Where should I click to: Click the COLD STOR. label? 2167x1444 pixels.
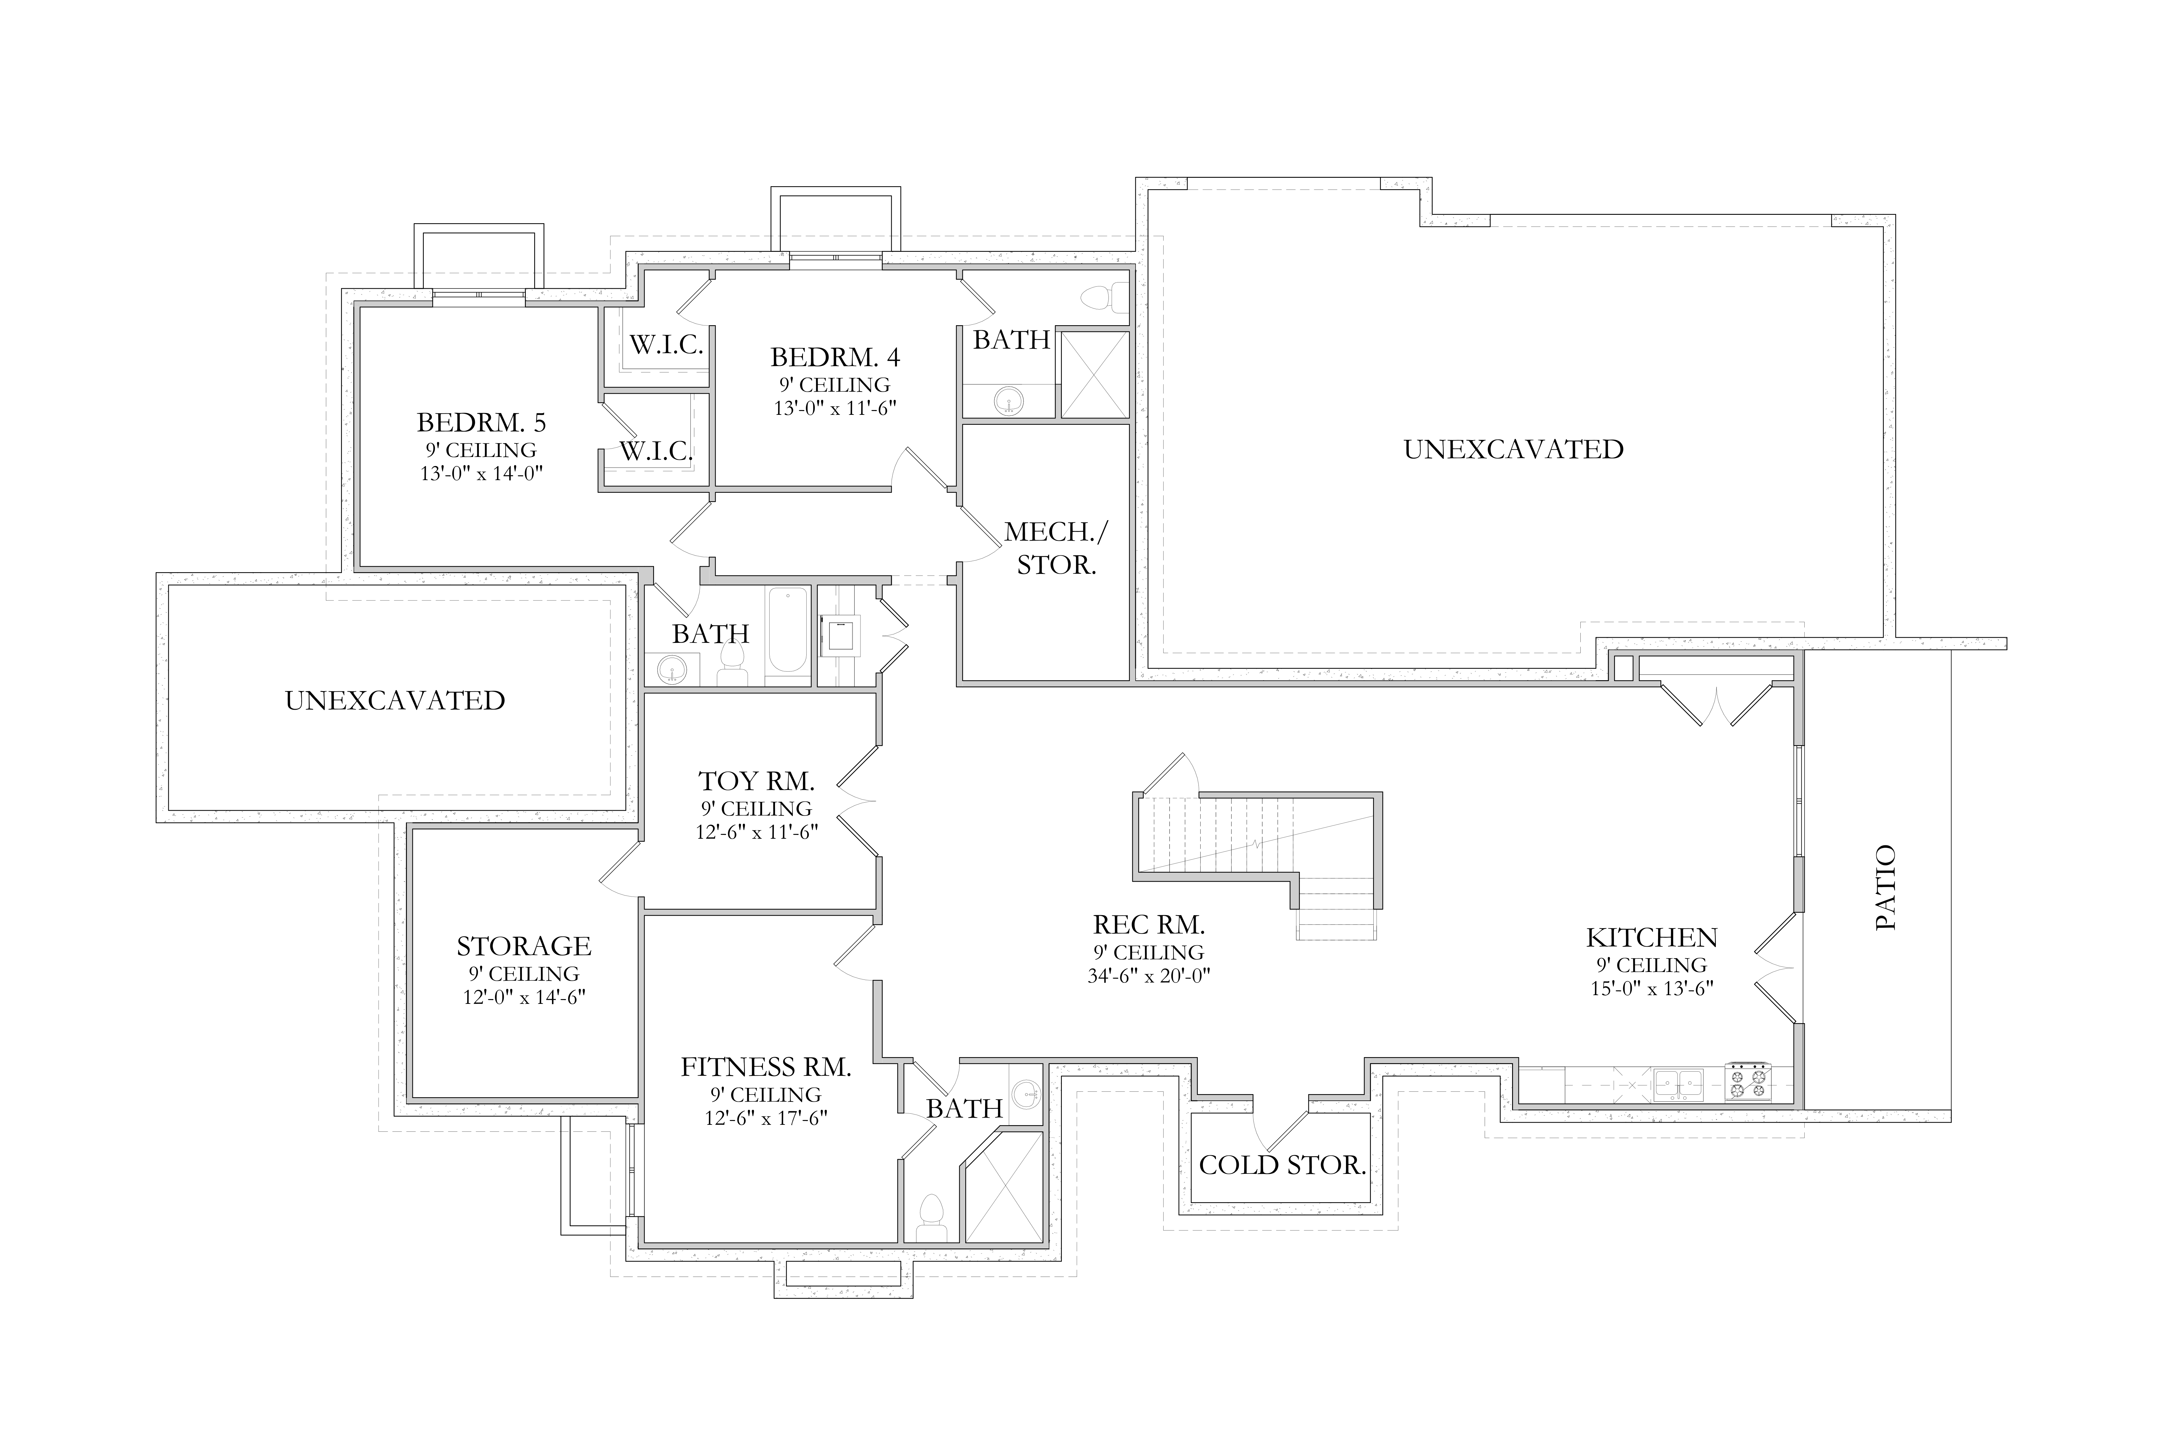[1282, 1165]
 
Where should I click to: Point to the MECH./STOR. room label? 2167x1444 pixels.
[1057, 548]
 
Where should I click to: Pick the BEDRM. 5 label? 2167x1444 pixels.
[481, 423]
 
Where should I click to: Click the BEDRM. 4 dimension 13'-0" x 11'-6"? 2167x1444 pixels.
[835, 408]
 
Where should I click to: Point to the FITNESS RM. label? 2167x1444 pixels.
[766, 1067]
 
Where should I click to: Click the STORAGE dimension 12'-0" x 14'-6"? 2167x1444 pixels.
[524, 997]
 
